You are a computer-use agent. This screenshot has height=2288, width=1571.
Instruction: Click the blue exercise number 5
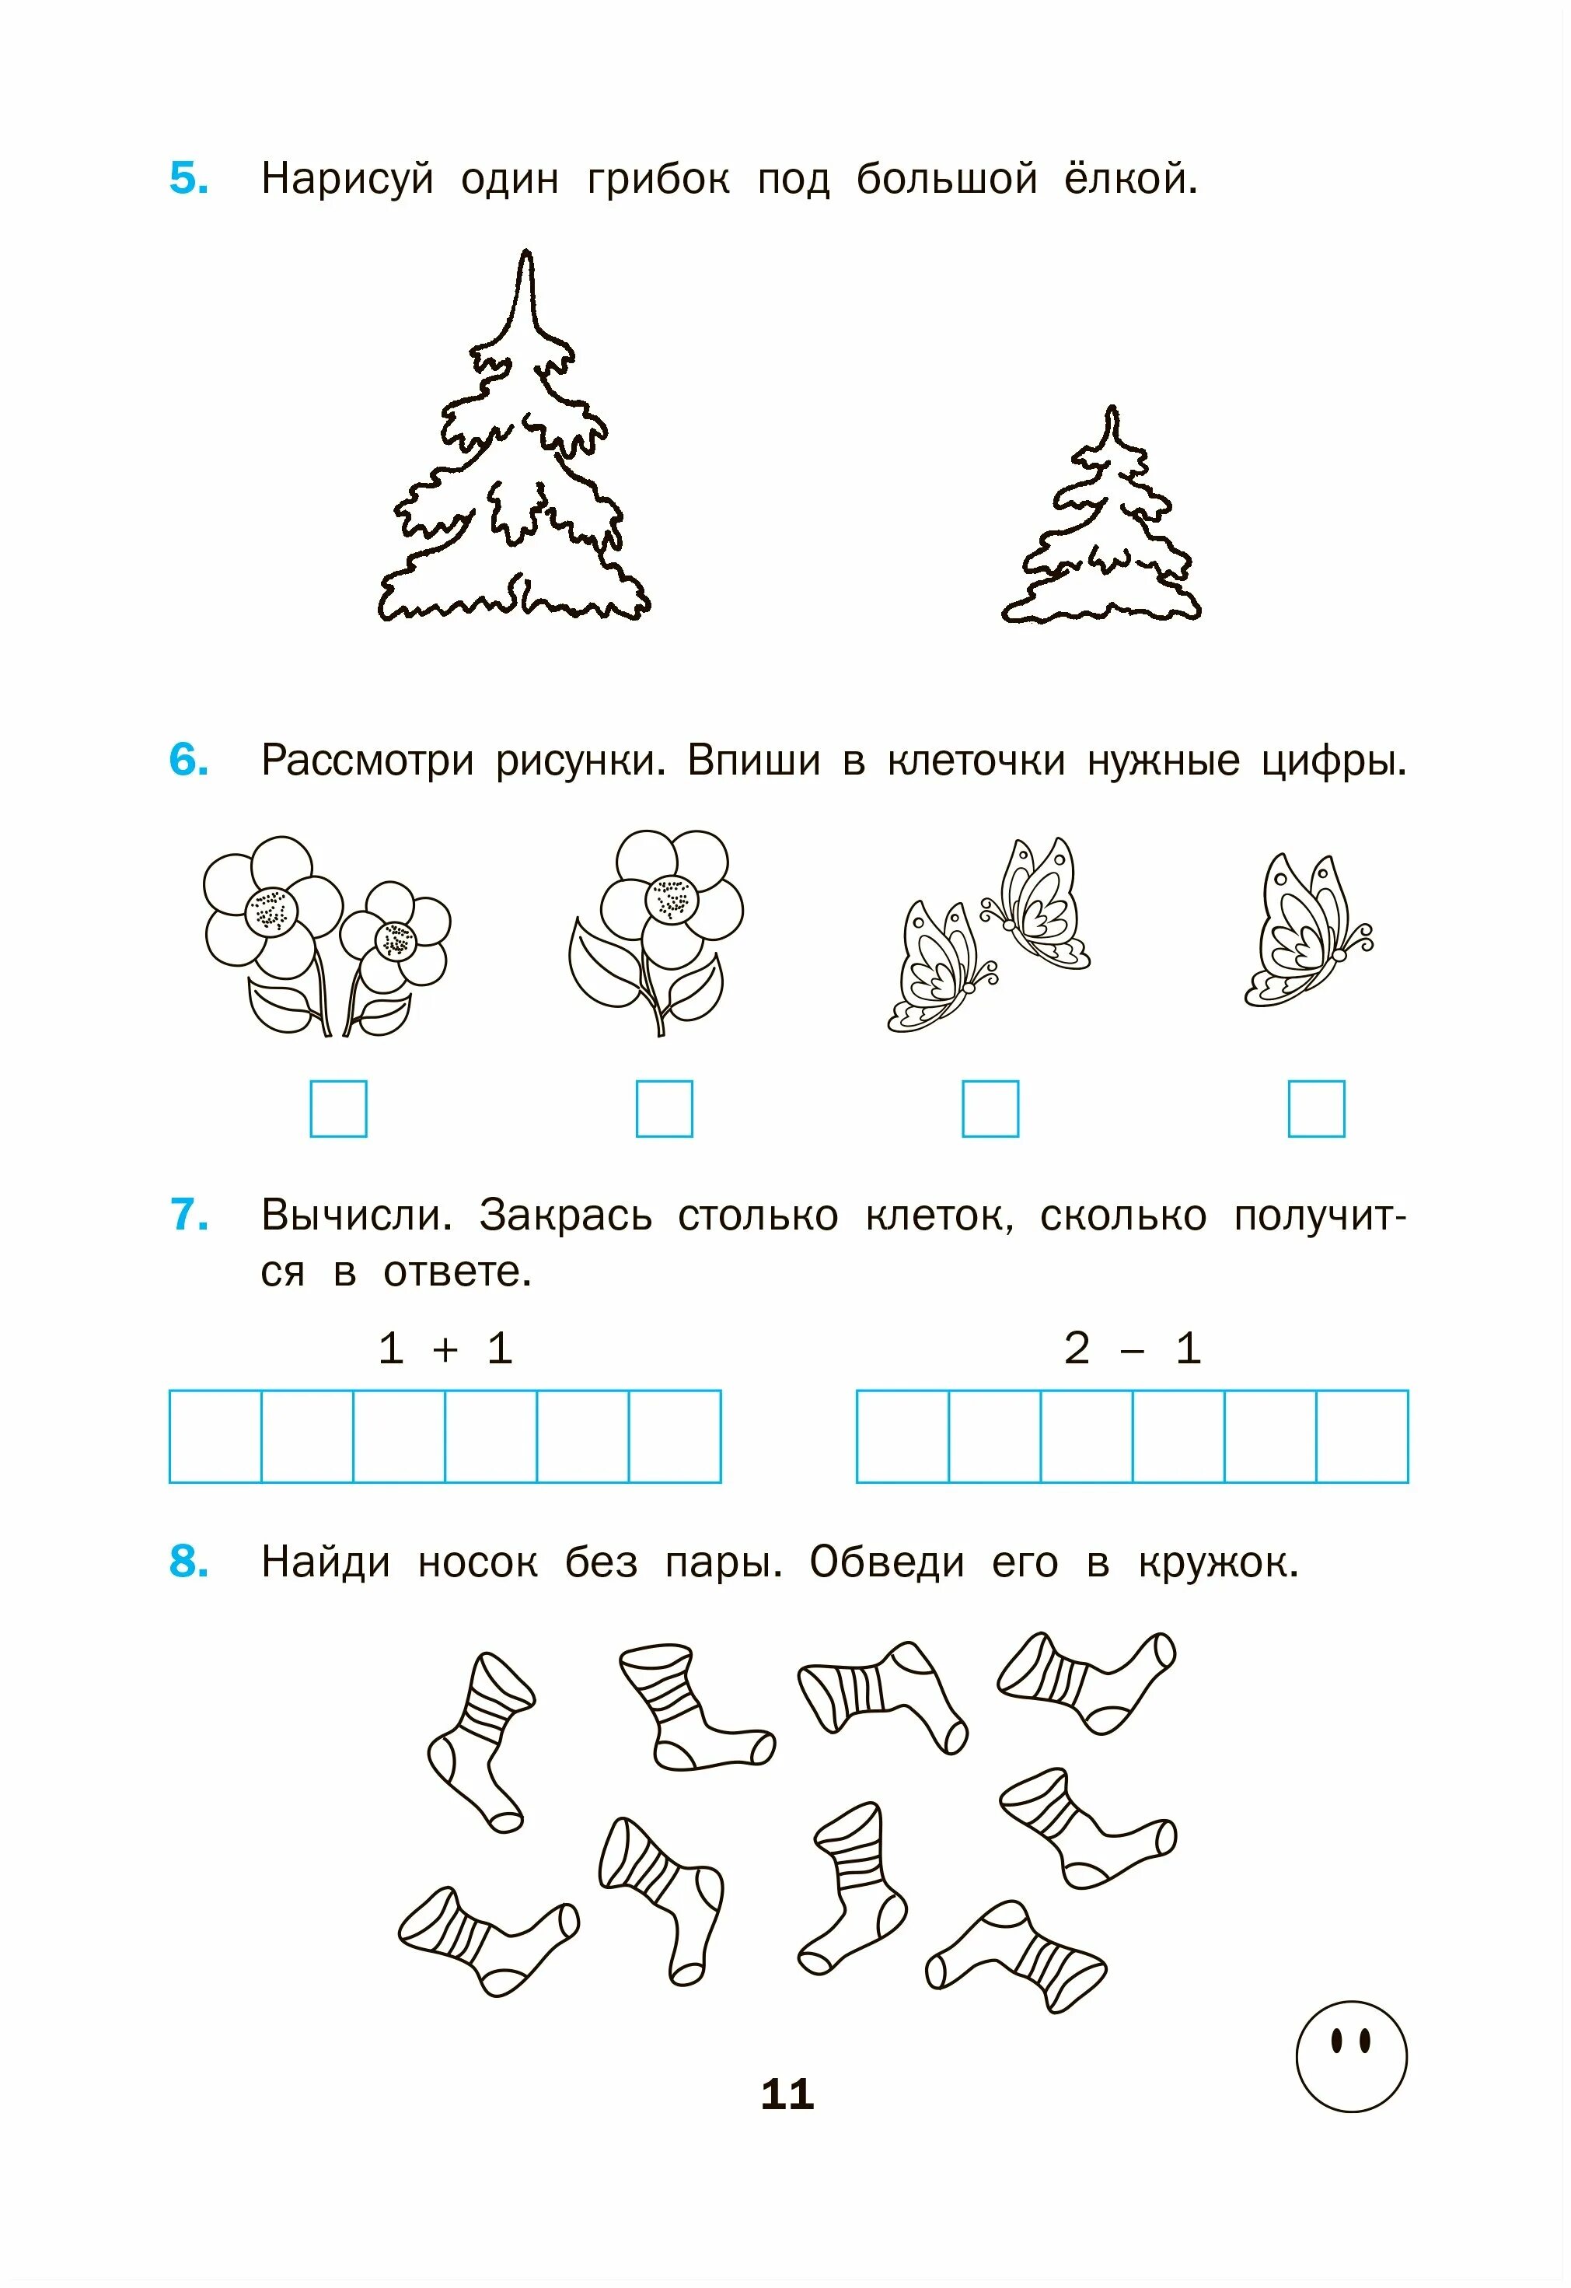coord(188,179)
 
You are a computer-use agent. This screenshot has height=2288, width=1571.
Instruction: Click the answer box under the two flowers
coord(339,1108)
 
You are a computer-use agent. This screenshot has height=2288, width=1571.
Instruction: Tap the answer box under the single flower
coord(665,1108)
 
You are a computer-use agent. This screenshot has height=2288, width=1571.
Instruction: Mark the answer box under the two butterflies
coord(990,1108)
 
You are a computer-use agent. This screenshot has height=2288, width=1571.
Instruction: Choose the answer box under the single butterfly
coord(1316,1108)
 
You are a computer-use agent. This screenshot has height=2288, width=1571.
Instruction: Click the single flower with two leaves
coord(657,930)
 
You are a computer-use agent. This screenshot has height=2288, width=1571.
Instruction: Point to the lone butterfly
coord(1304,930)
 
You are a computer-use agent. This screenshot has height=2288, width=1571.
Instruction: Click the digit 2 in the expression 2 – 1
coord(1077,1348)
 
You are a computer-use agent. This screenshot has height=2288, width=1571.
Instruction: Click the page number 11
coord(787,2095)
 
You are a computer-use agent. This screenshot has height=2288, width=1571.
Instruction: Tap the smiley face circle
coord(1352,2055)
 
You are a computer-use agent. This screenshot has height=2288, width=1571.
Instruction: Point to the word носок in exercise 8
coord(477,1563)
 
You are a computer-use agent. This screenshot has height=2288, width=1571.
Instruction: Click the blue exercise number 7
coord(188,1215)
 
